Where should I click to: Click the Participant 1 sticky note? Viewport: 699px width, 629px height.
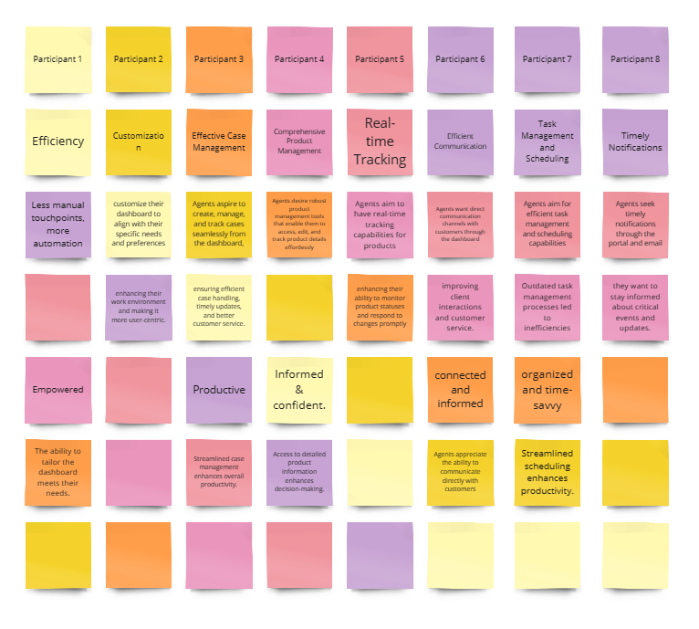(x=57, y=59)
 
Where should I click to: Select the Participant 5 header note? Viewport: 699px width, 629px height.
(x=379, y=59)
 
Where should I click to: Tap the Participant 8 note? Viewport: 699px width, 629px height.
(x=635, y=59)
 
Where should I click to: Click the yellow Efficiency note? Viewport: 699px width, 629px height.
(x=57, y=142)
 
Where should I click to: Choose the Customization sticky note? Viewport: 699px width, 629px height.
(x=138, y=142)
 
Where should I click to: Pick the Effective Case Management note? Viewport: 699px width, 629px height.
(x=219, y=142)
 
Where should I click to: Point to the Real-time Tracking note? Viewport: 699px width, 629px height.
(x=379, y=142)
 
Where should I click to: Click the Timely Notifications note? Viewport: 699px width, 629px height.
(x=635, y=142)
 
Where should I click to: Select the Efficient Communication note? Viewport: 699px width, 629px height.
(x=460, y=142)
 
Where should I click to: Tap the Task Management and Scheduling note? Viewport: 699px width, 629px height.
(x=547, y=142)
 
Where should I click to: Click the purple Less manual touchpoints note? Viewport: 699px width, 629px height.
(x=57, y=225)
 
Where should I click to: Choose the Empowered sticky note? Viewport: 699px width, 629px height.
(x=57, y=390)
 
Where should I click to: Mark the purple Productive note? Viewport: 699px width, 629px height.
(x=219, y=390)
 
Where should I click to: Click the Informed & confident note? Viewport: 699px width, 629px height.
(x=299, y=390)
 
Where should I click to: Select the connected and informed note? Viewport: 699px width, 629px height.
(x=460, y=390)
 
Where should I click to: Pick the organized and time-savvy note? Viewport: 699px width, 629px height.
(x=547, y=390)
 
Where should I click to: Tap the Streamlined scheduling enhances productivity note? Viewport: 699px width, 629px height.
(x=547, y=472)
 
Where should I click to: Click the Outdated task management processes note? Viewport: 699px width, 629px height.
(x=547, y=307)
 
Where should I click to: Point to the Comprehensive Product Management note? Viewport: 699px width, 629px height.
(x=299, y=142)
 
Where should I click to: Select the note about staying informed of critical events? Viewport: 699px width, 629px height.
(x=635, y=307)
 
